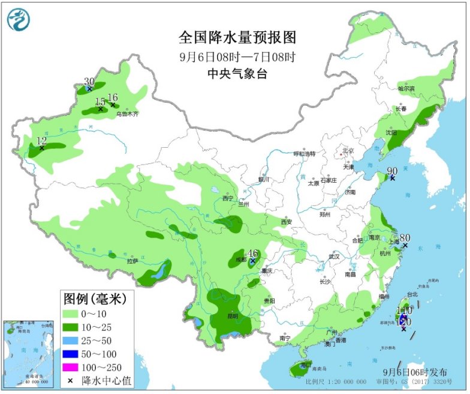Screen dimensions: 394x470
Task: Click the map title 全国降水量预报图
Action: pyautogui.click(x=237, y=38)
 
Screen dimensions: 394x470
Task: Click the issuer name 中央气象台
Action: pyautogui.click(x=237, y=74)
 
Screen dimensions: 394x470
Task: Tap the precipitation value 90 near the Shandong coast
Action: pyautogui.click(x=393, y=172)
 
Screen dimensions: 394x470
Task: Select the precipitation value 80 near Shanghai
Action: pyautogui.click(x=405, y=238)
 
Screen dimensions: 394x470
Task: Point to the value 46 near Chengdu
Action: pyautogui.click(x=253, y=253)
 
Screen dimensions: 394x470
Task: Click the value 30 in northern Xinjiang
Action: pyautogui.click(x=89, y=82)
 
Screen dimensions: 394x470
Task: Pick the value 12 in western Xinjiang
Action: pyautogui.click(x=41, y=141)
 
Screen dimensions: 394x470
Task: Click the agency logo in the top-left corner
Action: pyautogui.click(x=17, y=20)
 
